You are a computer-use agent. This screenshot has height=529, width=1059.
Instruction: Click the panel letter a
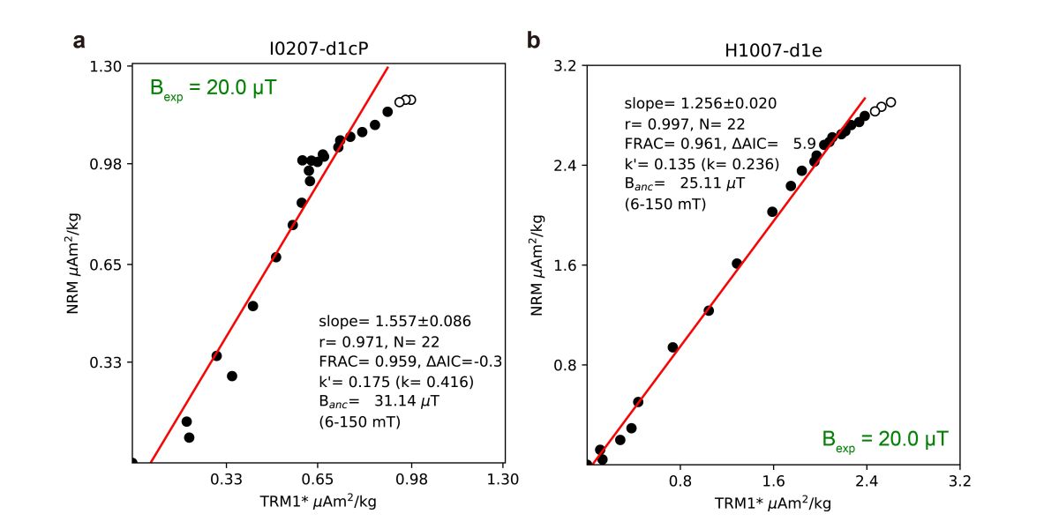[x=79, y=41]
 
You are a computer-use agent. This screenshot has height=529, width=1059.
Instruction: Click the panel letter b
[x=533, y=41]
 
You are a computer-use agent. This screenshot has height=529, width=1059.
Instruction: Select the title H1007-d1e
[x=774, y=49]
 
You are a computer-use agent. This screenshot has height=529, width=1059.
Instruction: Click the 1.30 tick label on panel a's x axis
[x=503, y=480]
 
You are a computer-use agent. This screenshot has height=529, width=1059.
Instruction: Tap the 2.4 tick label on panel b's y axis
[x=565, y=166]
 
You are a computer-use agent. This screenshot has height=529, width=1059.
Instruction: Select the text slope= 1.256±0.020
[x=700, y=103]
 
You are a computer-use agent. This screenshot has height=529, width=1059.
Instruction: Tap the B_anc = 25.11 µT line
[x=684, y=183]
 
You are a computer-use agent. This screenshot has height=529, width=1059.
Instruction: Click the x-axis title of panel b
[x=772, y=503]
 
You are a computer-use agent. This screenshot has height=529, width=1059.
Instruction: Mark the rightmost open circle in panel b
[x=890, y=102]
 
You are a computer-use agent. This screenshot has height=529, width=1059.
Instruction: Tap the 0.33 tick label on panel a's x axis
[x=226, y=480]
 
